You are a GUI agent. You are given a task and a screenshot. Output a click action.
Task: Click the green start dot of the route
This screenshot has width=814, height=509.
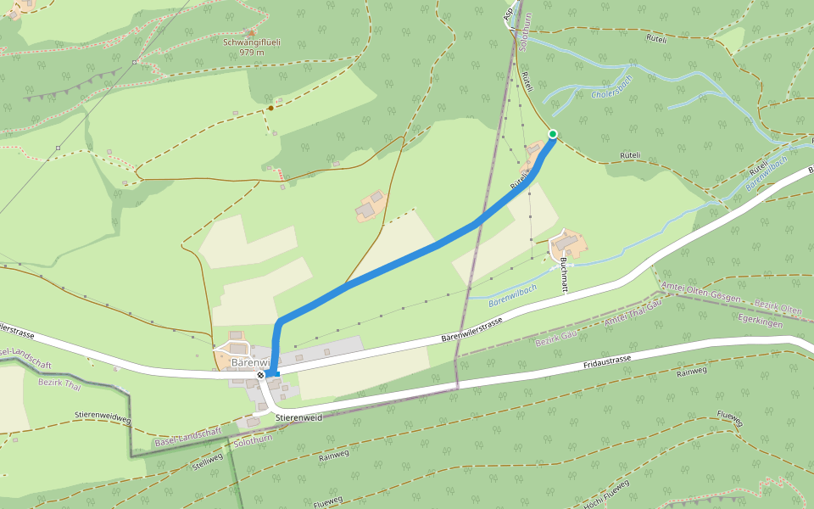[553, 134]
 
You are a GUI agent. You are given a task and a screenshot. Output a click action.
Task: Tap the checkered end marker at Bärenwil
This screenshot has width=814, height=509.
[261, 374]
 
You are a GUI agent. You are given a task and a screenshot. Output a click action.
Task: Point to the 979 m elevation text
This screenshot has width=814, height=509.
[252, 52]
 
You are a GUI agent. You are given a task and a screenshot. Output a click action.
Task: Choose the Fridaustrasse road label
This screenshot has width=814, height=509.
[607, 361]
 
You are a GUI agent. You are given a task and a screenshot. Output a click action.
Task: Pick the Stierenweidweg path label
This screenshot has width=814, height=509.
[103, 417]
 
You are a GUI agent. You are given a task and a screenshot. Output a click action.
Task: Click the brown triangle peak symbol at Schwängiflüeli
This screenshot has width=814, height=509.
[252, 32]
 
